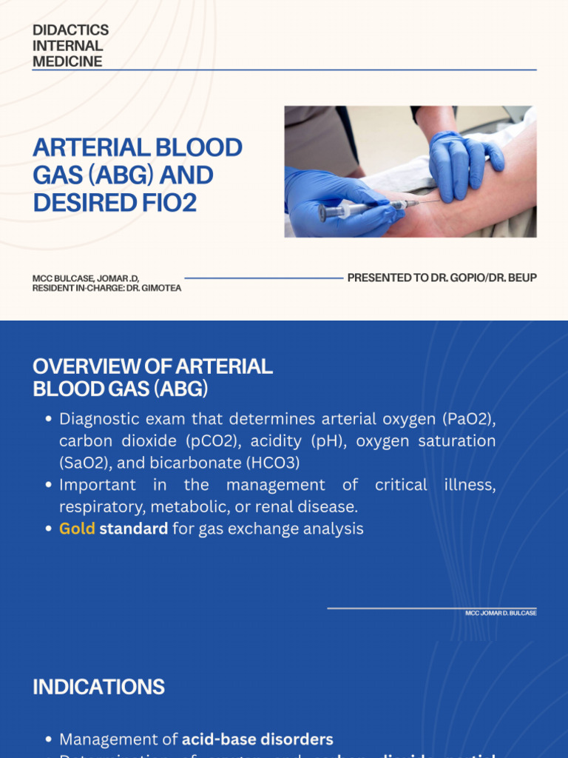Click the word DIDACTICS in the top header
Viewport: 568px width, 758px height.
70,30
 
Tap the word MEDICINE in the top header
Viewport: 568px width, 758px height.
67,61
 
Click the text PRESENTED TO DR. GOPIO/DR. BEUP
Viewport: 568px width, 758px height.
442,278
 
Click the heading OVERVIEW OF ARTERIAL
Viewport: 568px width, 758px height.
152,366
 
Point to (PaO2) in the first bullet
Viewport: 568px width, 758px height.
469,419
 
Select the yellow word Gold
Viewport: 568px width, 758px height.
77,529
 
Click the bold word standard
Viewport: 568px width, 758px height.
133,529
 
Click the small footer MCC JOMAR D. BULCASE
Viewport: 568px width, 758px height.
501,614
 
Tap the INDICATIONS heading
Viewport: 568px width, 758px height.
98,687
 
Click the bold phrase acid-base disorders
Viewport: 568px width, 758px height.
257,739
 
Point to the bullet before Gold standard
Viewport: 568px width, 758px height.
48,530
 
